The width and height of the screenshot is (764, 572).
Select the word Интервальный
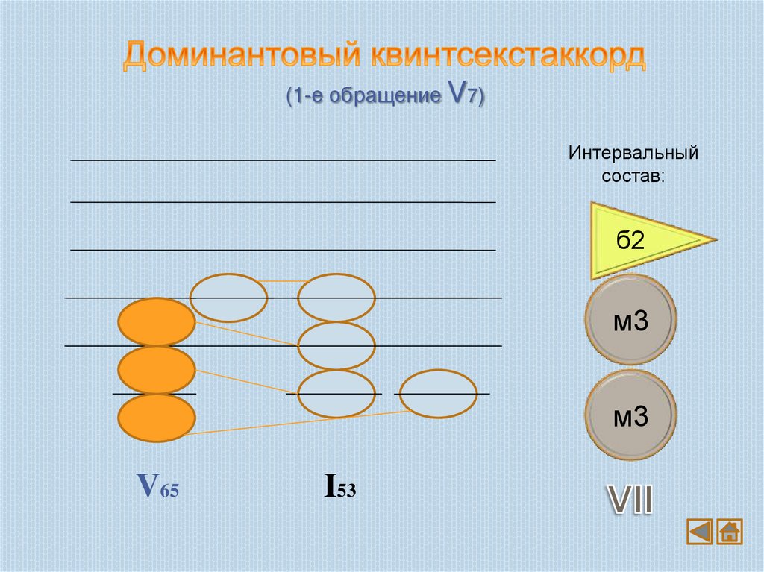coord(633,154)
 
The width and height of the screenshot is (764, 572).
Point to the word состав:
coord(633,177)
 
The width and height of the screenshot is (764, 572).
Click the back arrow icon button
coord(700,532)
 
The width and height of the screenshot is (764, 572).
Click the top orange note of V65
coord(157,322)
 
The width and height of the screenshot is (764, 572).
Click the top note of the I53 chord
coord(336,298)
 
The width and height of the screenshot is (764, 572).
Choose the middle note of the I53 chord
coord(336,345)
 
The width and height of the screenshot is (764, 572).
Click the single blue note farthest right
coord(438,393)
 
